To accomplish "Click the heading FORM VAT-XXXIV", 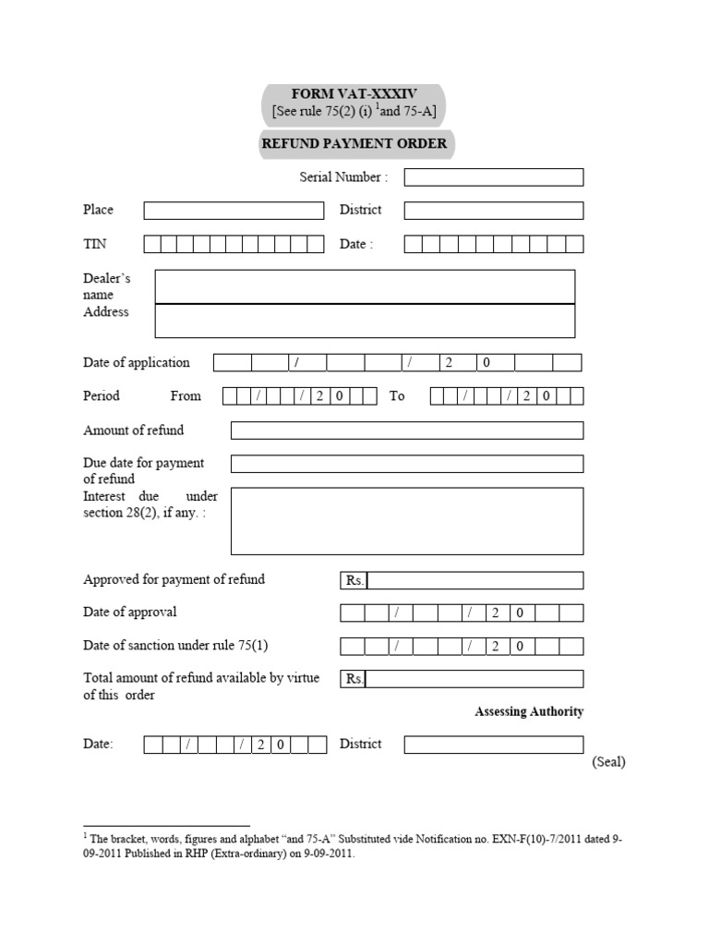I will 354,94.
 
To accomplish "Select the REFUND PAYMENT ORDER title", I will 354,143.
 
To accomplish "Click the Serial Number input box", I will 493,177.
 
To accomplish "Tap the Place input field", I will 234,211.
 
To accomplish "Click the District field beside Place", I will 493,211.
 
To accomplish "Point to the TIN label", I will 95,244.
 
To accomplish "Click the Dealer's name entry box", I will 365,286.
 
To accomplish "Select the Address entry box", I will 365,321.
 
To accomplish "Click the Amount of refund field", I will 406,431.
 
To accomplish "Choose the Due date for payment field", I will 406,464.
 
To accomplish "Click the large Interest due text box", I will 406,521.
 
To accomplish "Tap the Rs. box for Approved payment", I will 475,580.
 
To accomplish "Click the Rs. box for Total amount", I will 475,679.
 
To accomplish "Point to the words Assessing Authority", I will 529,711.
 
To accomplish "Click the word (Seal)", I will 608,762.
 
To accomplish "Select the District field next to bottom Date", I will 493,745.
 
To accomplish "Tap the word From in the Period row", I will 186,395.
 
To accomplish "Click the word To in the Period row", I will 397,395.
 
